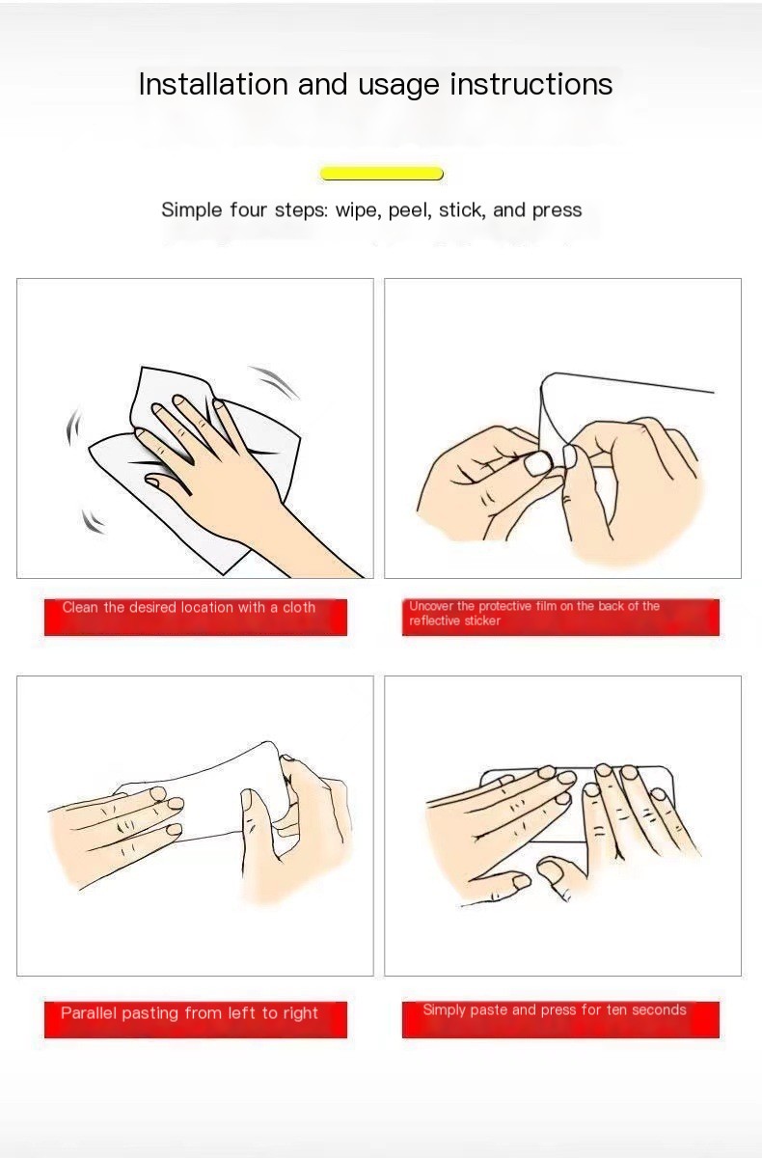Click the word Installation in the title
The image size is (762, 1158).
tap(213, 84)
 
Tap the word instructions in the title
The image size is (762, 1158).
tap(531, 84)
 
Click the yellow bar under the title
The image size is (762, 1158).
tap(382, 173)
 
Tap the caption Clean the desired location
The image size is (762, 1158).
tap(188, 607)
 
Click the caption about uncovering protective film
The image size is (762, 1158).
tap(534, 613)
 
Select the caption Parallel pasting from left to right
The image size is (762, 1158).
tap(189, 1012)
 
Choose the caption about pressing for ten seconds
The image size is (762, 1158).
tap(555, 1009)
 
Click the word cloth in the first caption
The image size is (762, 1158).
tap(299, 607)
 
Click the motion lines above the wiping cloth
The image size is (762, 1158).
tap(274, 382)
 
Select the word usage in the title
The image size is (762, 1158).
tap(398, 85)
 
